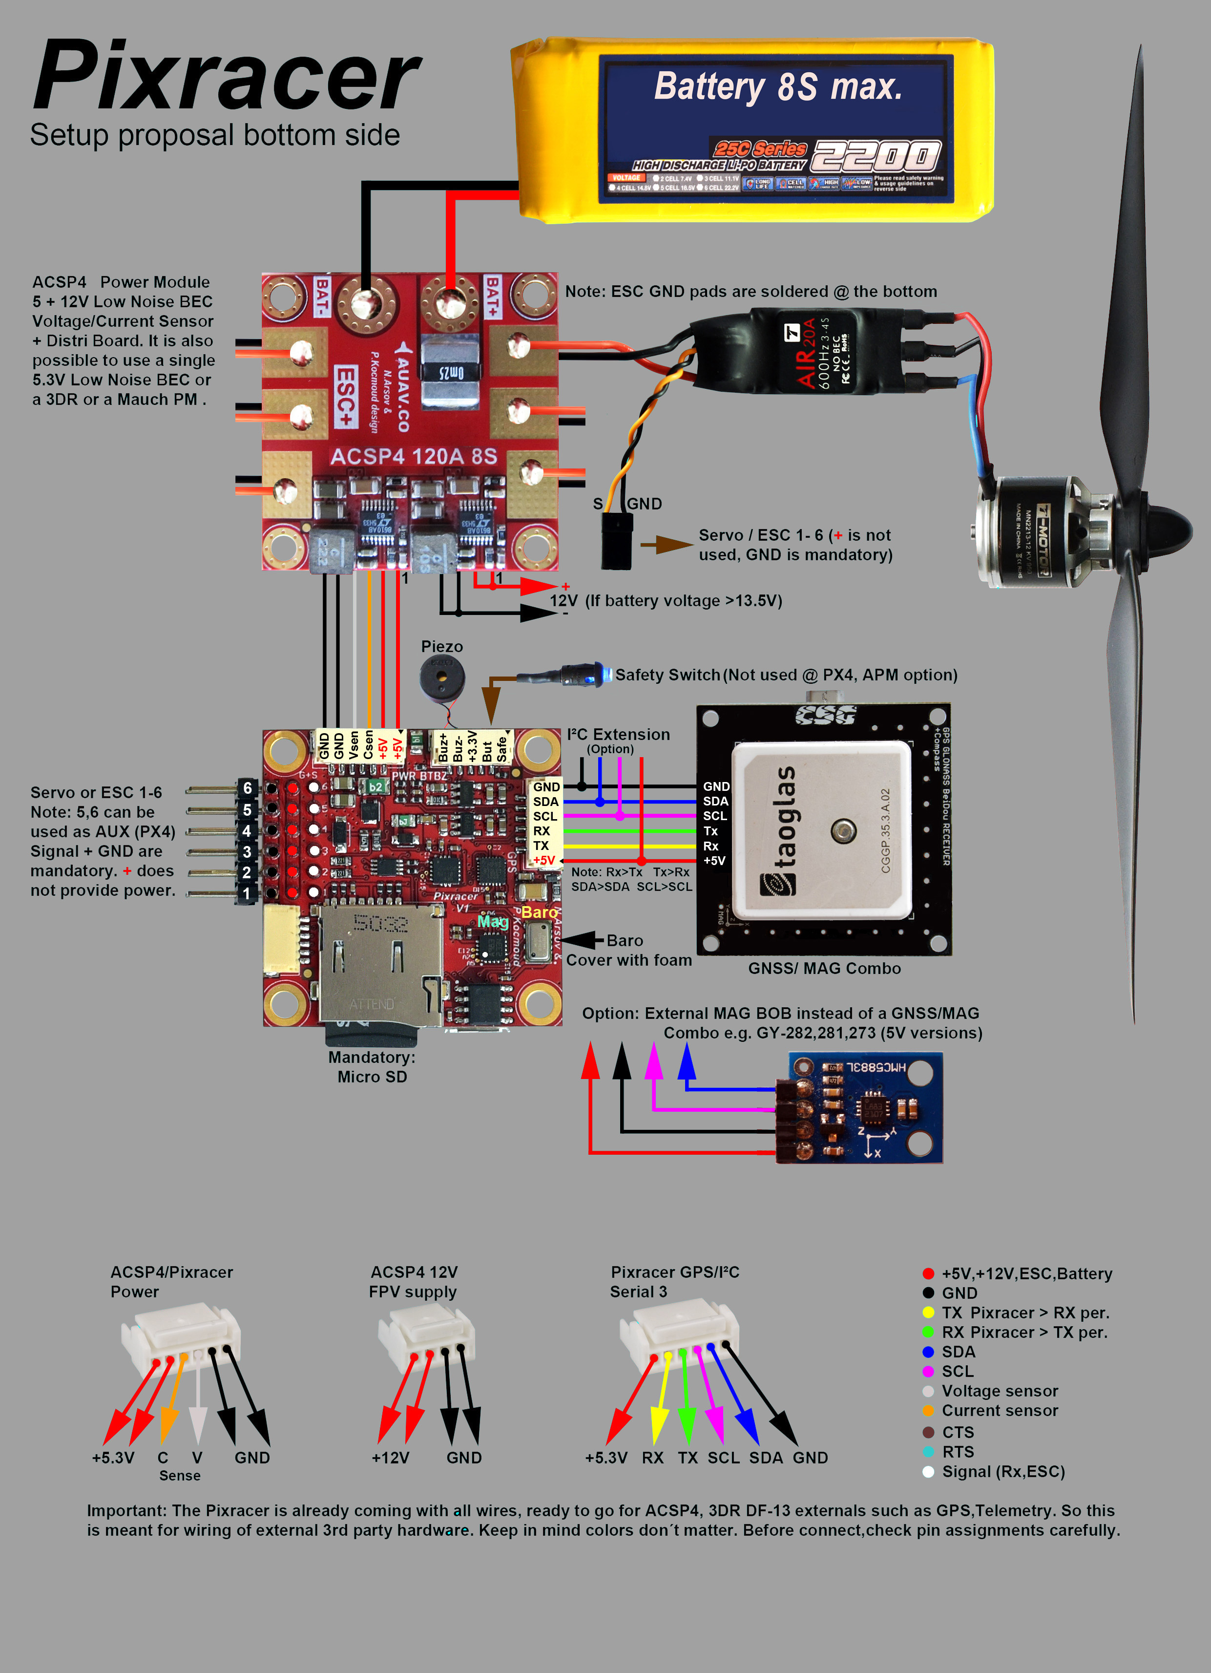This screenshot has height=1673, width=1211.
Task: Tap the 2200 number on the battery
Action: pos(876,156)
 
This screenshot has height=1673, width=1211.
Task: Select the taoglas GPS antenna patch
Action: pos(821,830)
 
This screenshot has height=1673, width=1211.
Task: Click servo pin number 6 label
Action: pos(247,788)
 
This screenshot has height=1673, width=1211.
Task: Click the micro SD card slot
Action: pos(380,966)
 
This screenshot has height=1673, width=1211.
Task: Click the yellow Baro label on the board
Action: pos(539,912)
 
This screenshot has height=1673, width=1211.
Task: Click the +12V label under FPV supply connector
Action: pos(390,1458)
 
